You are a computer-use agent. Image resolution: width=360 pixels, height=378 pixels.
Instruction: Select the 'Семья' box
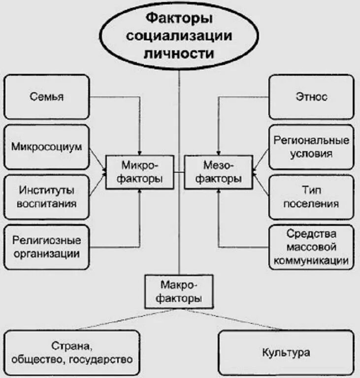pos(47,97)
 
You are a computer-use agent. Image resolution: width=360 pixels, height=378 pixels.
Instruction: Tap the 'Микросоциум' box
pos(47,147)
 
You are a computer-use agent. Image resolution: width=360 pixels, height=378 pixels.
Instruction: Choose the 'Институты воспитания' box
pos(47,196)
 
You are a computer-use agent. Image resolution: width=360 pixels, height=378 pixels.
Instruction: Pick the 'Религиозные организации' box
pos(47,247)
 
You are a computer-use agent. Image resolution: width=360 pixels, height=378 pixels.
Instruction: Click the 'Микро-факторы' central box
pos(140,172)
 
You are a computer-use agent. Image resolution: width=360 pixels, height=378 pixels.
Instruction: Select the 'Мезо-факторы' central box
pos(218,172)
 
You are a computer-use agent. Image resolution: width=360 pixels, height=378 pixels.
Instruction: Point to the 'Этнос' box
pos(311,97)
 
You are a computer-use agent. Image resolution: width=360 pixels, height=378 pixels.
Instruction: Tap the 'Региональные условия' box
pos(311,147)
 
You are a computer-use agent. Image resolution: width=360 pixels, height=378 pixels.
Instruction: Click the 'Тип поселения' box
pos(311,196)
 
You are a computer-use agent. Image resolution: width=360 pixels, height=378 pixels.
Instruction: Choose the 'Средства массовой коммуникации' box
pos(311,247)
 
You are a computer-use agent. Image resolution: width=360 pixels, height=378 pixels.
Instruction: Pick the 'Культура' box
pos(286,352)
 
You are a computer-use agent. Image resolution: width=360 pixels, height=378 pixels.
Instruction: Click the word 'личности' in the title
pos(179,53)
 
